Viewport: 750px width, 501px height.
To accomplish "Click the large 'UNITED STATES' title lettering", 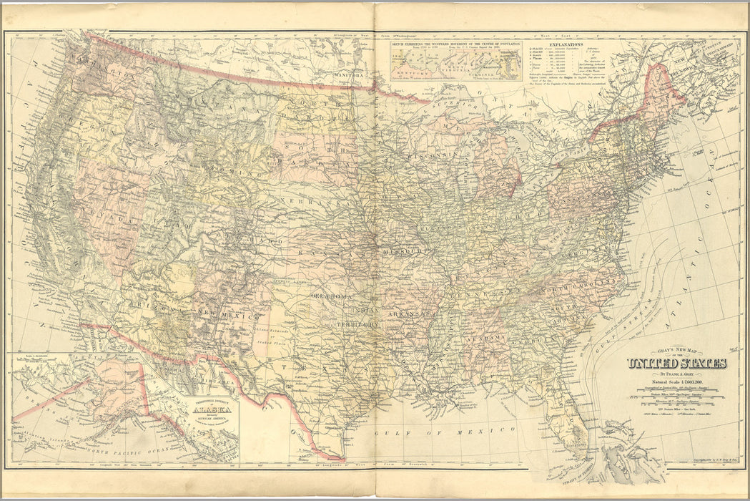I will click(676, 363).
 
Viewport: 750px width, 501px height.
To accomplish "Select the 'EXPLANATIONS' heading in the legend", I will click(565, 44).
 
